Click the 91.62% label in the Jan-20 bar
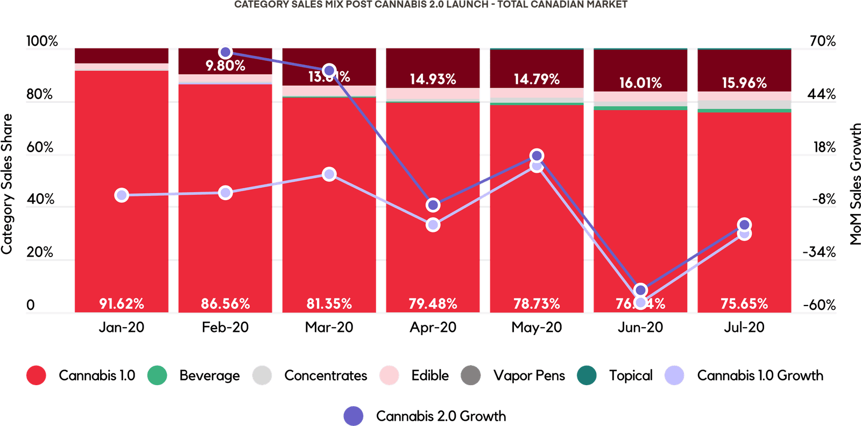[x=122, y=304]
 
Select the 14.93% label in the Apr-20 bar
[x=433, y=80]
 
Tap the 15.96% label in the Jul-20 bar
[x=744, y=83]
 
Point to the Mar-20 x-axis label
[x=329, y=327]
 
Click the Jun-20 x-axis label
[x=640, y=327]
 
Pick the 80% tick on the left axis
[x=40, y=94]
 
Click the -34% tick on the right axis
[x=819, y=252]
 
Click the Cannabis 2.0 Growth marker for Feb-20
[x=225, y=52]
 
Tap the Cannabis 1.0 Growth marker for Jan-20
[x=122, y=195]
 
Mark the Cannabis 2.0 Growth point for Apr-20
[x=433, y=205]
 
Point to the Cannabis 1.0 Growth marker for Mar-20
[x=329, y=174]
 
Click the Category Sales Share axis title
[x=7, y=183]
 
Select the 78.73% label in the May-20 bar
[x=537, y=304]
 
